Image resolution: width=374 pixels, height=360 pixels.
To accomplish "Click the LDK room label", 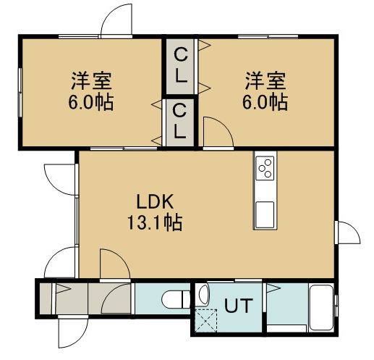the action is pos(155,201).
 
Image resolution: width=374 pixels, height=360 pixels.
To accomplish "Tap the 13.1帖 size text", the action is pos(155,222).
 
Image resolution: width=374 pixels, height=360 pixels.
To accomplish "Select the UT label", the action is pos(239,306).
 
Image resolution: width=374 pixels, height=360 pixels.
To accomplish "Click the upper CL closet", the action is pos(180,67).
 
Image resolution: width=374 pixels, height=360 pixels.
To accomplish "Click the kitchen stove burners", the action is pos(265,168).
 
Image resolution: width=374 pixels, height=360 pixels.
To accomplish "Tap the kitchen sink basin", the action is pos(265,214).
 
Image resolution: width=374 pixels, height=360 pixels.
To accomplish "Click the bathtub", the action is pos(321,308).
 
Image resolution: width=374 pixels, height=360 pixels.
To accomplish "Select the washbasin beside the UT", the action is pos(204,295).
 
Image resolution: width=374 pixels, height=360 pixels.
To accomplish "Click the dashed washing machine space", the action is pos(205,320).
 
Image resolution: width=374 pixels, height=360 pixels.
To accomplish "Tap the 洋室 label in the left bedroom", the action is pos(92,81).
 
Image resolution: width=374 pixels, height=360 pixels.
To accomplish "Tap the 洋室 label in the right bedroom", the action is pos(265,80).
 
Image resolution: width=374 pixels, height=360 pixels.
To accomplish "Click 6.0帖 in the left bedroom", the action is pos(91,102).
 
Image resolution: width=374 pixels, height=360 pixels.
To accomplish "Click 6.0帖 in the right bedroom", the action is pos(265,102).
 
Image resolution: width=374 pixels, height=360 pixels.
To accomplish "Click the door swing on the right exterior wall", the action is pos(355,230).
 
